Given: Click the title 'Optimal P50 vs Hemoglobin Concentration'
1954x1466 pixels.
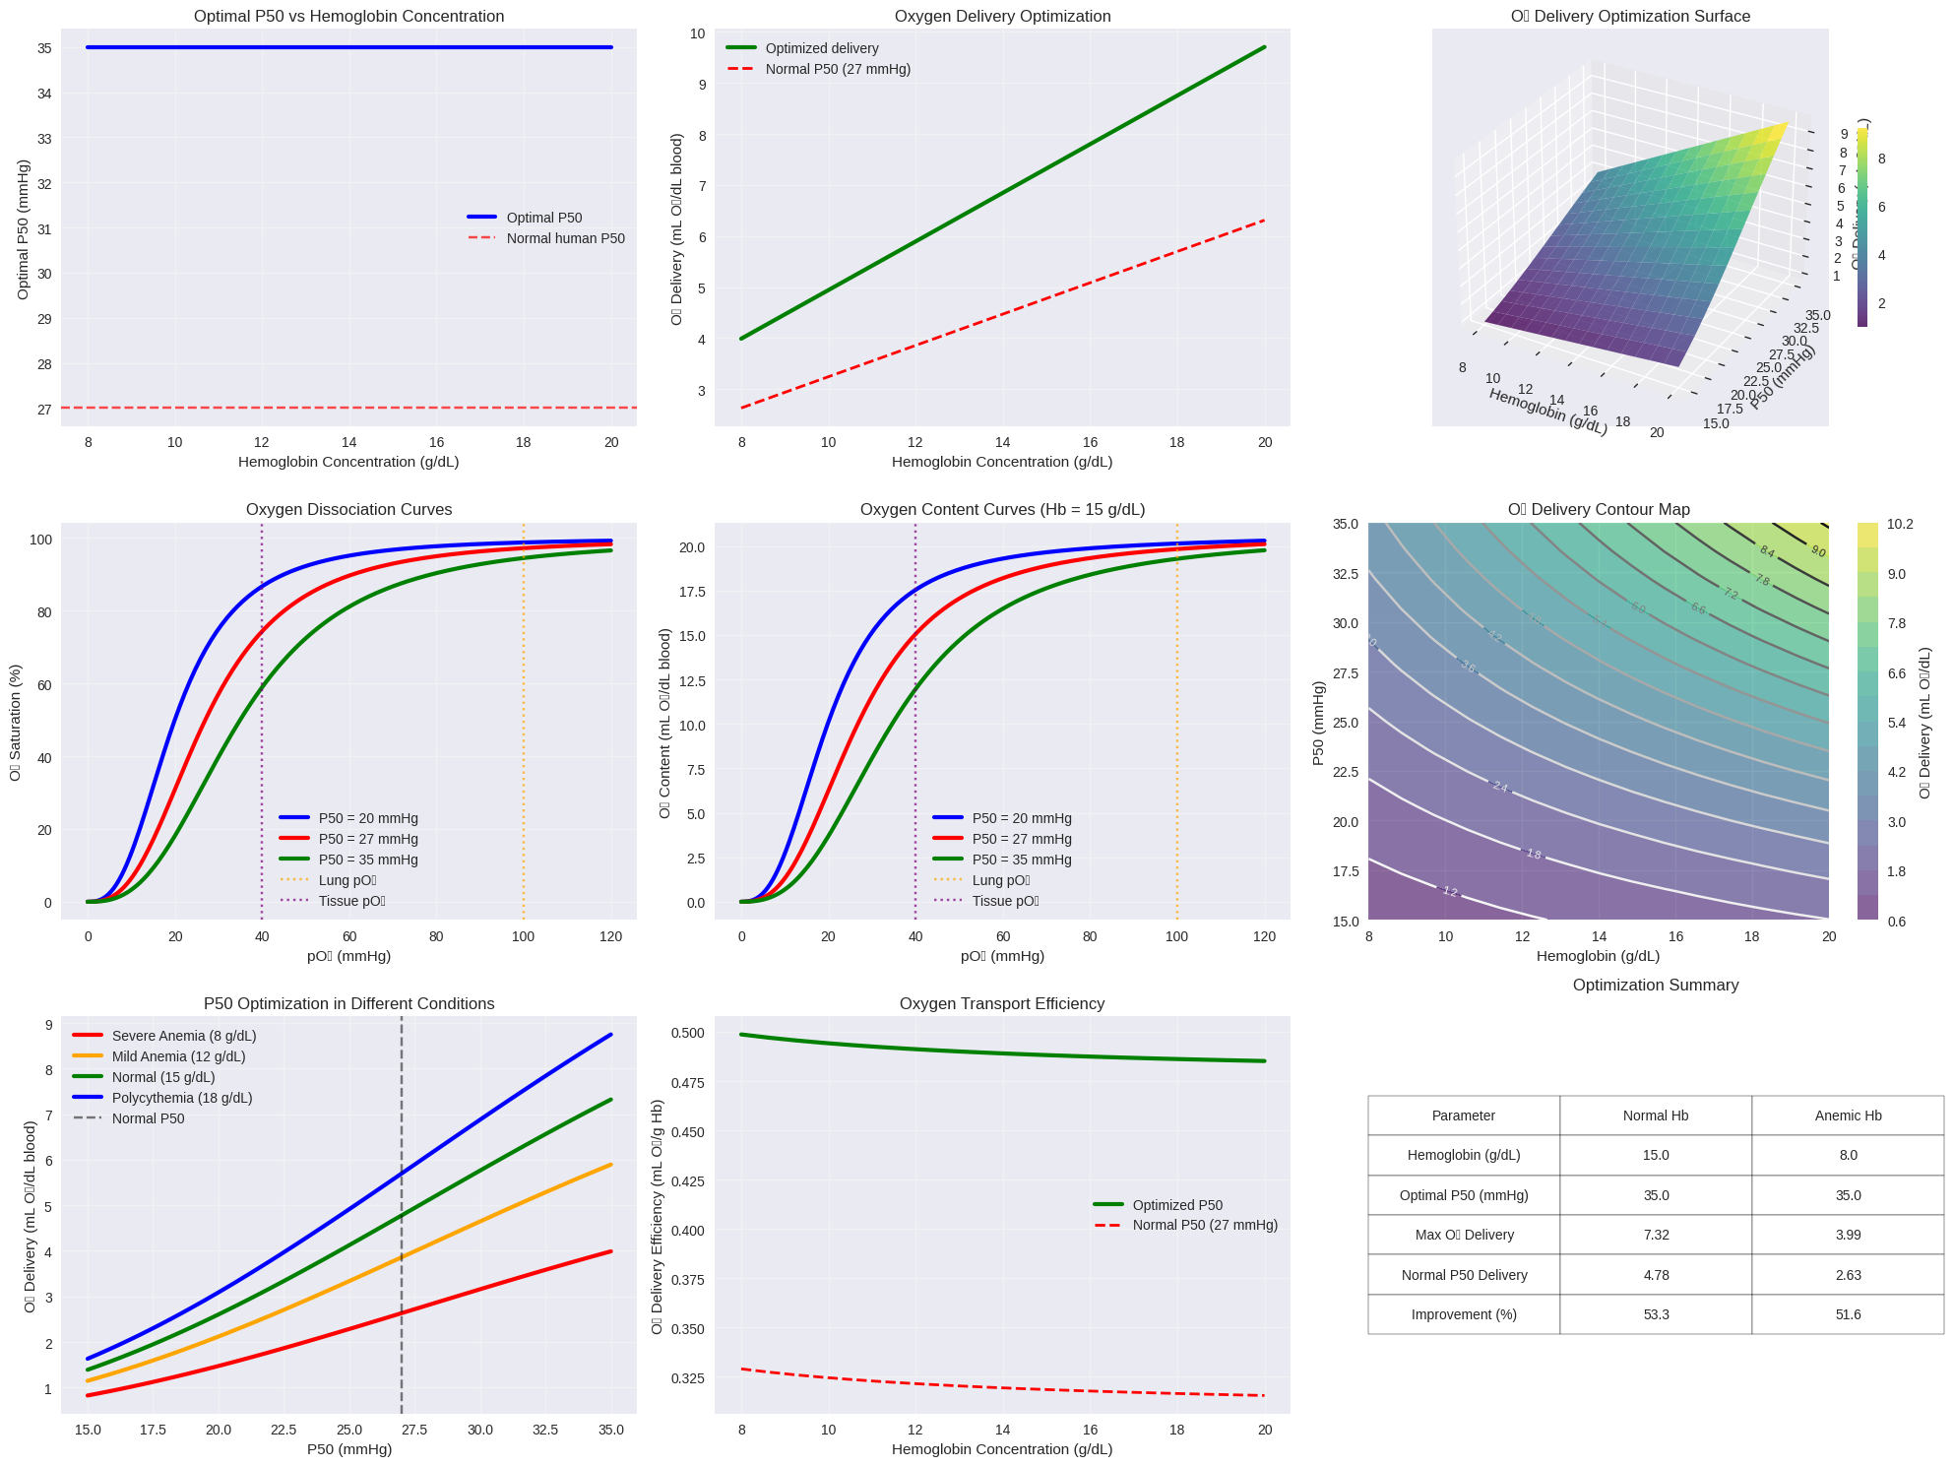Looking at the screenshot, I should click(348, 17).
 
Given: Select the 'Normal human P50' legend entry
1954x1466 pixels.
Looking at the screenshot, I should click(565, 238).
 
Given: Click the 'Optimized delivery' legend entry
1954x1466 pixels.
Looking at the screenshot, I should click(821, 48).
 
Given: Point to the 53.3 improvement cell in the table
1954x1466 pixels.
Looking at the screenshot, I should click(1656, 1314).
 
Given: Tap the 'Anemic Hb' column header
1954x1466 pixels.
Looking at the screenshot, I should click(1848, 1115).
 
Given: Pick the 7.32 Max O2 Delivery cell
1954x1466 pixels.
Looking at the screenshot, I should click(1656, 1235).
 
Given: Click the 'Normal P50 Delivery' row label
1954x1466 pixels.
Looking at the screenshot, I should click(1464, 1275).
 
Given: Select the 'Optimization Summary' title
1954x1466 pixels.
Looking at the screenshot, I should click(1656, 986).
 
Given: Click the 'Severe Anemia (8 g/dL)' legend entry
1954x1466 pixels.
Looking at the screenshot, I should click(184, 1036).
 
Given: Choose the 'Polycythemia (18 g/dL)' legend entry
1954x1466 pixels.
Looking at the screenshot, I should click(182, 1098).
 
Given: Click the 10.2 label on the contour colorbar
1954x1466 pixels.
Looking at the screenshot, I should click(1900, 524).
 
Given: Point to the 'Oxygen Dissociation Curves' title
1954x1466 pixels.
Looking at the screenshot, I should click(348, 510).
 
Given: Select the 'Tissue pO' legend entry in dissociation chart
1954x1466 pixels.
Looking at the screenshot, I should click(351, 901).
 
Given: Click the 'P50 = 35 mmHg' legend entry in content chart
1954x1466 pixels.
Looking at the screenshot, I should click(1021, 860).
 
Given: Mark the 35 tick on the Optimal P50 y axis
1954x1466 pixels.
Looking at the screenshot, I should click(44, 48).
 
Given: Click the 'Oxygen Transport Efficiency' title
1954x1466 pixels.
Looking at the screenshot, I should click(1002, 1004).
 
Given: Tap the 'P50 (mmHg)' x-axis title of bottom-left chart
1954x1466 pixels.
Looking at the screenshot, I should click(349, 1449).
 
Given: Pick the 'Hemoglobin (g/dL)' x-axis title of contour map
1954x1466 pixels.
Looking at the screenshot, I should click(1598, 956).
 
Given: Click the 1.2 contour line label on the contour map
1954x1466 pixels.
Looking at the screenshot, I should click(1450, 892).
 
